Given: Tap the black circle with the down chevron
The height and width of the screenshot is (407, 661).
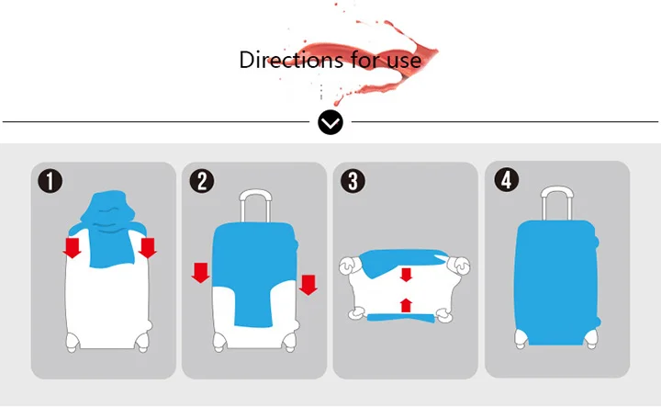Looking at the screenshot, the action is pos(330,122).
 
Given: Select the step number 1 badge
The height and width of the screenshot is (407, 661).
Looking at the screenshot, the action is pos(50,181).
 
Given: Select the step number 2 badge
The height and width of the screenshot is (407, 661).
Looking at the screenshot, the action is pos(202,181).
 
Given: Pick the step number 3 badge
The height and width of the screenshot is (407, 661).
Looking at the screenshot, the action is pos(353,181).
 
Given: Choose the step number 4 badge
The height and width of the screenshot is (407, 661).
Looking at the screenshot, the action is pos(507,180).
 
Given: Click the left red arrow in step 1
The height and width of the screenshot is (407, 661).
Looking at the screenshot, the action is pos(73,247).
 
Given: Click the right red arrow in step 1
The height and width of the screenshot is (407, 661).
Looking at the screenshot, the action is pos(148,247).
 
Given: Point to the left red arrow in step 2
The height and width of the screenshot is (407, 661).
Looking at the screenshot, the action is pos(201,273).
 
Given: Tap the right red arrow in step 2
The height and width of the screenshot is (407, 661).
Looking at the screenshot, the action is pos(308,285).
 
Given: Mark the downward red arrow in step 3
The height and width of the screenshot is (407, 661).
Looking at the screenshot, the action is pos(406,275).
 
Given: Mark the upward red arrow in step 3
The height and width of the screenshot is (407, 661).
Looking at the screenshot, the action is pos(406,305).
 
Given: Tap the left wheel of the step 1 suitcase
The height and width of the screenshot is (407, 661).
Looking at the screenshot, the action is pos(73,342).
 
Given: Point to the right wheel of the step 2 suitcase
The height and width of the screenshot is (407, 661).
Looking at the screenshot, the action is pos(289,342).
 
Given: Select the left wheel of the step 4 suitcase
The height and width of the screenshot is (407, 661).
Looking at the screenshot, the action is pos(521,339).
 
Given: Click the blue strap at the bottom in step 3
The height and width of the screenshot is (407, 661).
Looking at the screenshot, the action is pos(401,318).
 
